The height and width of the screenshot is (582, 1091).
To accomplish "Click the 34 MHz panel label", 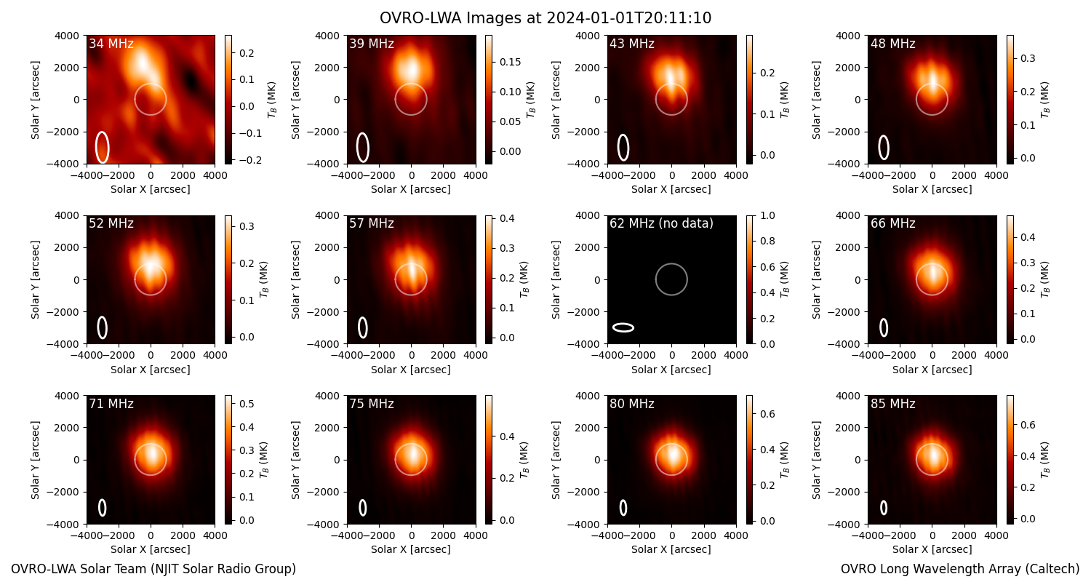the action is [111, 44].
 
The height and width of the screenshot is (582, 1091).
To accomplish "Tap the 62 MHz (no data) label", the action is [661, 223].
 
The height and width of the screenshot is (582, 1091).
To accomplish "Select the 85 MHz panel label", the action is [892, 404].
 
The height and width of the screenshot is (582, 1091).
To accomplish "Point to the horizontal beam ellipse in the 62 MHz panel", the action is [623, 328].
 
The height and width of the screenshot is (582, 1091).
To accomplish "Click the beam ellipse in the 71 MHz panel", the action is [103, 508].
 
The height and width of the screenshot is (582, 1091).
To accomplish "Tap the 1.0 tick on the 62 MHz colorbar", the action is [767, 215].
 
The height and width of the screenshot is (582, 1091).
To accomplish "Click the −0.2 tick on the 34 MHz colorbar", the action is [250, 160].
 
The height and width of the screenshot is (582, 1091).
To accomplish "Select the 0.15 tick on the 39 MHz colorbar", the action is [510, 62].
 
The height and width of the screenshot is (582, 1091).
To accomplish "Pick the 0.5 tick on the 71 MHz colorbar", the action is [247, 404].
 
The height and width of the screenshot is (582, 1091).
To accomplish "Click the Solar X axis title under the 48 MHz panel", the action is [932, 189].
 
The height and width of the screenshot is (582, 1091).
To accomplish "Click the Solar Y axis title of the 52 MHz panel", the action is [35, 279].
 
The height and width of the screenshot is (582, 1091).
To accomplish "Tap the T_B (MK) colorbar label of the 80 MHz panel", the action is [783, 460].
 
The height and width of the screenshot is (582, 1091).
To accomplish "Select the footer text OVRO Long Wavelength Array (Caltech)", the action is [960, 569].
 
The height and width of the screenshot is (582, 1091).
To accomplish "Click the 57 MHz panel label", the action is [372, 223].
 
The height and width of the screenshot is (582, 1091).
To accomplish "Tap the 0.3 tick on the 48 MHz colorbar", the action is [1028, 58].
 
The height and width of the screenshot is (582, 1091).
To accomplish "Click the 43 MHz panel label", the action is [632, 44].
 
